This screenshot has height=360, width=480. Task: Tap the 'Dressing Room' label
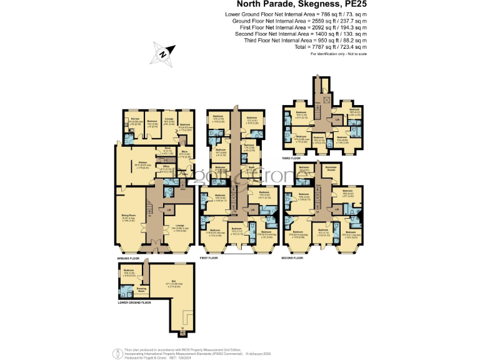click(142, 289)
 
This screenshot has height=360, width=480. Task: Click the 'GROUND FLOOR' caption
click(127, 257)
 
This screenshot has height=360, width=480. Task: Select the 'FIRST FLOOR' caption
click(209, 257)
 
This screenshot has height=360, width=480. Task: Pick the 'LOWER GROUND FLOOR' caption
click(134, 302)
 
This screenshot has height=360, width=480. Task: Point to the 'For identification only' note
click(339, 54)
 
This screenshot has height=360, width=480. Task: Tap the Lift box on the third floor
click(337, 119)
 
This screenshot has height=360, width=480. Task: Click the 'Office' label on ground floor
click(167, 166)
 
